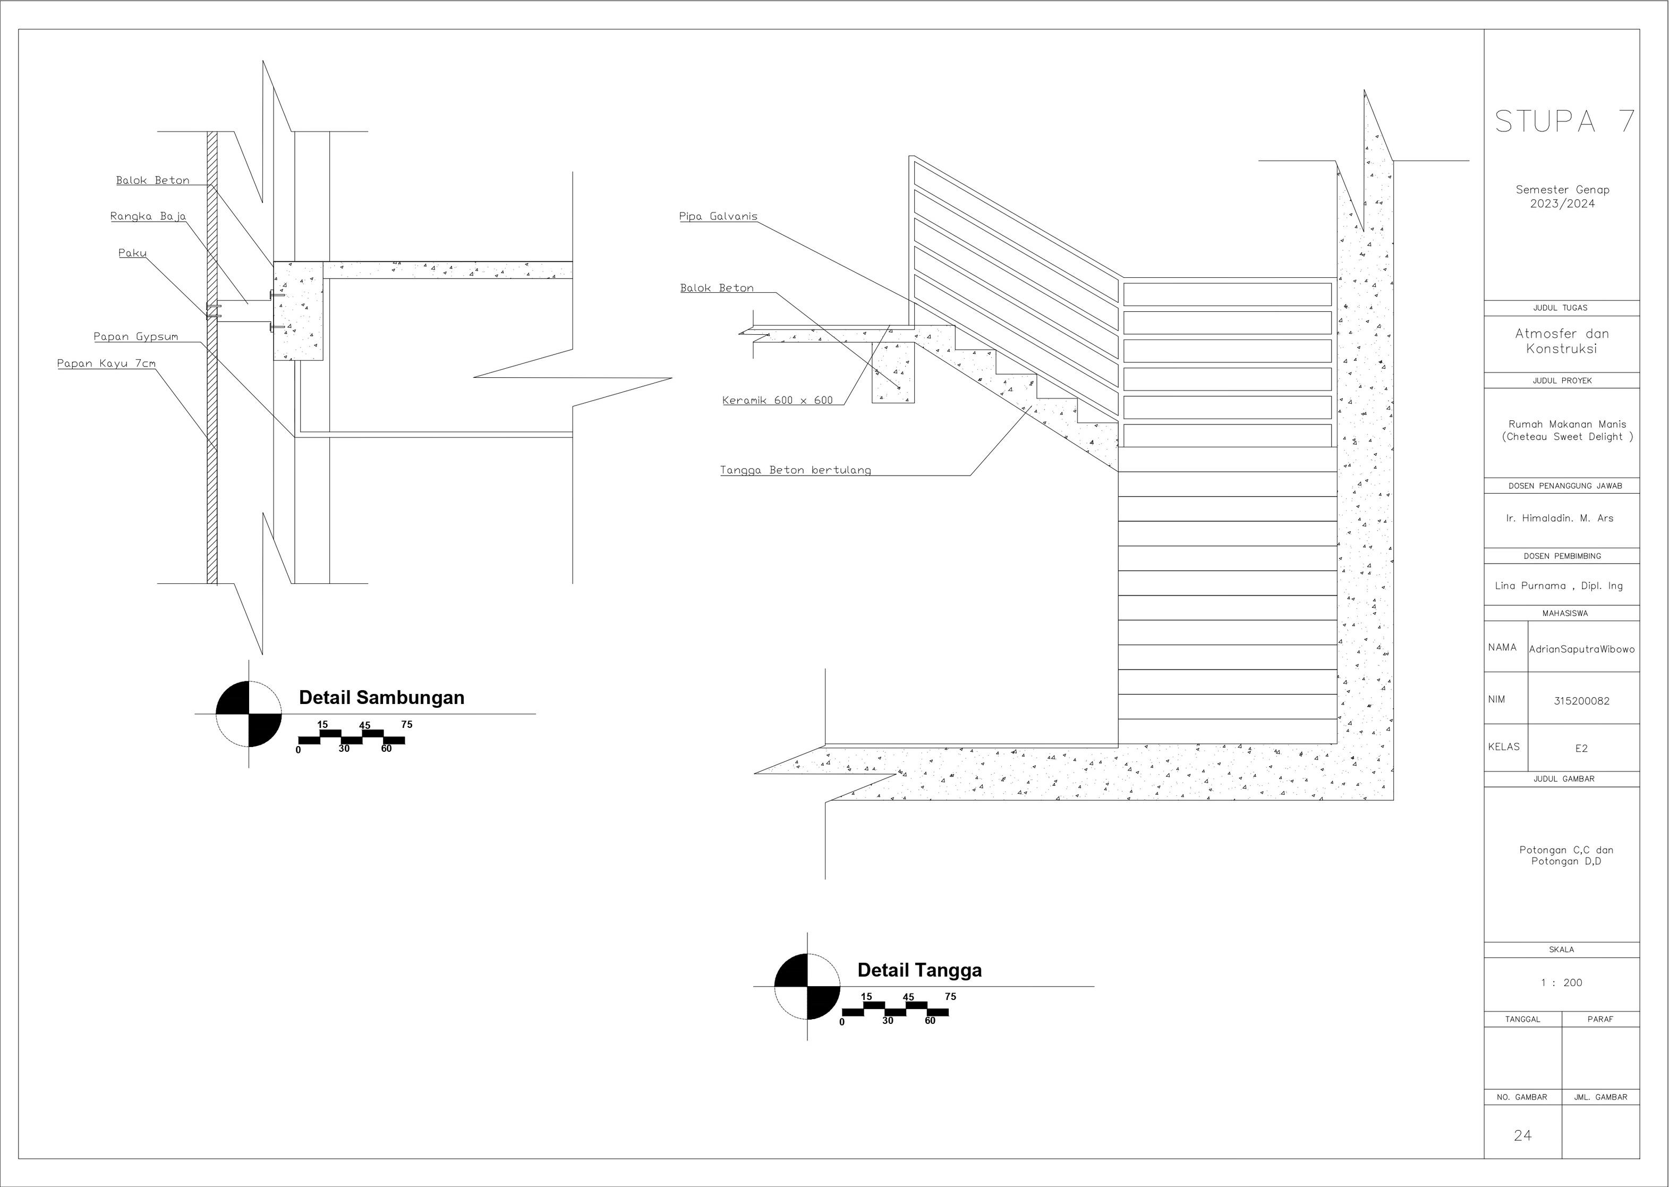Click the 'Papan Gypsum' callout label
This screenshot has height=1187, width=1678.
click(136, 337)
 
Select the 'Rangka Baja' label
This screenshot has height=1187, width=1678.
click(148, 216)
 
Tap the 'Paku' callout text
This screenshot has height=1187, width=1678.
click(132, 253)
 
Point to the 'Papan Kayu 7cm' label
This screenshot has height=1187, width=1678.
click(107, 364)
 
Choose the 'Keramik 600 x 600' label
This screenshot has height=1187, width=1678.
click(778, 401)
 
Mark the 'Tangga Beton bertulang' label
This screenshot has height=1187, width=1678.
click(796, 470)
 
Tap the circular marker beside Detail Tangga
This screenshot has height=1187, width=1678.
click(807, 986)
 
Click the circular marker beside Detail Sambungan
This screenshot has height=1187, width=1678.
click(249, 714)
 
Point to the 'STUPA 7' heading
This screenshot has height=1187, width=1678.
click(1564, 121)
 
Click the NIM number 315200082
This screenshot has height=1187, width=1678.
click(1581, 701)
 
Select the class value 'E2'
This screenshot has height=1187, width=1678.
click(1581, 749)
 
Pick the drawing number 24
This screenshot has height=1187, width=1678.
click(1523, 1135)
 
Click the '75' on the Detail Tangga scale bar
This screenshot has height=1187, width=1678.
click(950, 997)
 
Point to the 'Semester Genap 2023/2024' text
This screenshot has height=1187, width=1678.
click(1563, 197)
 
